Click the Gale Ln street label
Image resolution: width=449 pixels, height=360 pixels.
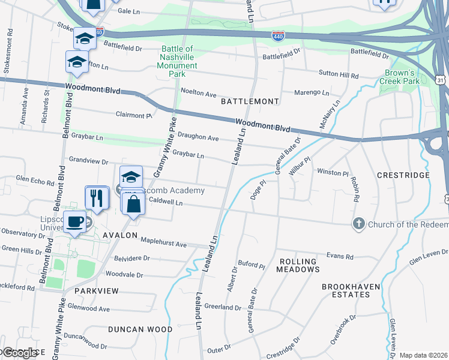[129, 11]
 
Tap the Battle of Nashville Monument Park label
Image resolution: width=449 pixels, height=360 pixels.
[177, 61]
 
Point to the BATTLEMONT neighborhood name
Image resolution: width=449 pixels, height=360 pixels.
[250, 101]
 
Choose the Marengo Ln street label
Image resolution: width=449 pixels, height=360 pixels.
[312, 93]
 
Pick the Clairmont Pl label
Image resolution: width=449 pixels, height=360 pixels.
[134, 115]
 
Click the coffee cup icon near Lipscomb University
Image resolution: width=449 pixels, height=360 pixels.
[75, 221]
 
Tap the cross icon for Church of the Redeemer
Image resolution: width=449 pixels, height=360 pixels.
[358, 224]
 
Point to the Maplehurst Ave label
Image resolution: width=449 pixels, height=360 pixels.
[164, 244]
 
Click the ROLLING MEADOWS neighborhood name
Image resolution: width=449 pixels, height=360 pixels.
[298, 265]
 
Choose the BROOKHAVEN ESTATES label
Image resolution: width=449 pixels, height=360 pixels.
[351, 290]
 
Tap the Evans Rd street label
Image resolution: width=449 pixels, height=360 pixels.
[340, 256]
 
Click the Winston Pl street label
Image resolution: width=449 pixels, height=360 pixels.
[333, 172]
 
